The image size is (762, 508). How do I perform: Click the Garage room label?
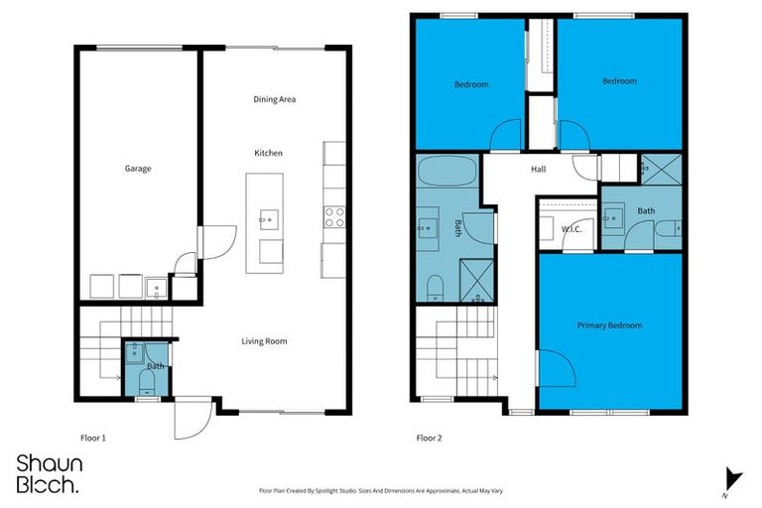tap(138, 169)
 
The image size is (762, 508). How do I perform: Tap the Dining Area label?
tap(275, 99)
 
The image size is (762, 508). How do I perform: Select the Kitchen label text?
tap(269, 153)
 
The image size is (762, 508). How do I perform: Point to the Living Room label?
tap(264, 341)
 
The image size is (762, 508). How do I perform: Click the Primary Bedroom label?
tap(609, 325)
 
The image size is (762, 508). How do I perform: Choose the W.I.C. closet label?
tap(571, 230)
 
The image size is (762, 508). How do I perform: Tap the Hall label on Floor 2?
tap(538, 169)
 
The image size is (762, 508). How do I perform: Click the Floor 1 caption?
tap(92, 438)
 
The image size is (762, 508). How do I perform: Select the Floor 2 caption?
tap(429, 438)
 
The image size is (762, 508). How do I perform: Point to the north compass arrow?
tap(731, 479)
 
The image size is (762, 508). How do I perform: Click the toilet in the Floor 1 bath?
tap(147, 391)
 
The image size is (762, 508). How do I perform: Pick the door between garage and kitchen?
tap(216, 241)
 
